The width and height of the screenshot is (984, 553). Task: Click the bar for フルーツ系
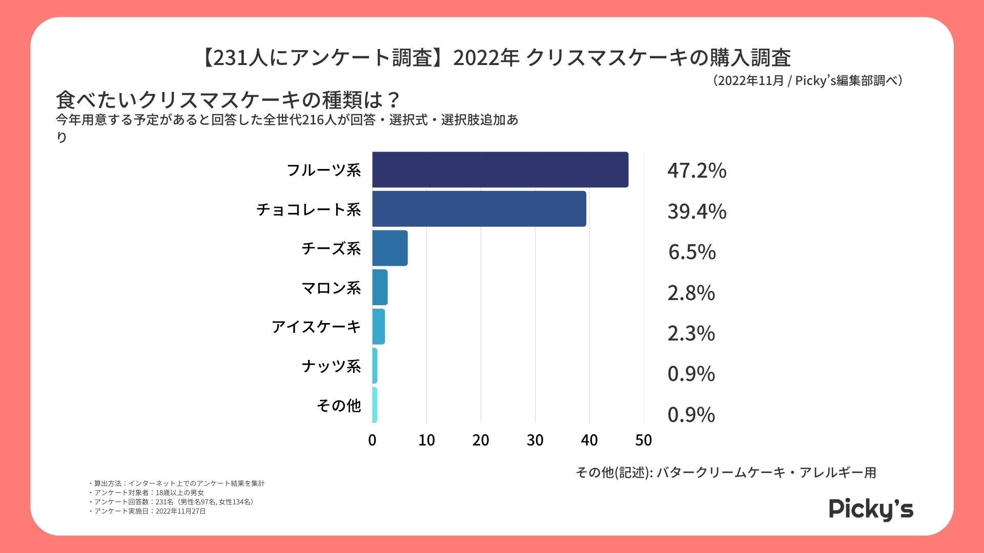tap(500, 169)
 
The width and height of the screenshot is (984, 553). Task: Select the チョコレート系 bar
tap(479, 209)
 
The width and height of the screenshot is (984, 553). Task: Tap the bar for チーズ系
tap(389, 248)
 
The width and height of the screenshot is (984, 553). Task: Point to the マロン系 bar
tap(380, 287)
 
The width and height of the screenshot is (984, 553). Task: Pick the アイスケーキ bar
tap(378, 327)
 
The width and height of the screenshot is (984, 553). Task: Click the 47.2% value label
tap(696, 171)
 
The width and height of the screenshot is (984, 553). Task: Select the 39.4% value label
tap(696, 211)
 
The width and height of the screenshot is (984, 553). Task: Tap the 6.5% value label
tap(692, 252)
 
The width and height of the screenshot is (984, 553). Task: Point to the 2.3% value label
tap(691, 333)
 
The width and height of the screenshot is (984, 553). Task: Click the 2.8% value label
tap(691, 293)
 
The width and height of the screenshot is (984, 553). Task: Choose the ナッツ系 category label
tap(331, 366)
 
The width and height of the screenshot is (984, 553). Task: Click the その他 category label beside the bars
tap(339, 406)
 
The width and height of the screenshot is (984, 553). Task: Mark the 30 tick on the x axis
tap(535, 440)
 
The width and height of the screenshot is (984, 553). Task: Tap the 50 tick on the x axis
tap(644, 440)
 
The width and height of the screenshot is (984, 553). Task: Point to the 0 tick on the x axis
tap(373, 440)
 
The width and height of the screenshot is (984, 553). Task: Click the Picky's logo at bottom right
tap(871, 509)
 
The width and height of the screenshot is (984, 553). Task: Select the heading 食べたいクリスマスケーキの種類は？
tap(228, 100)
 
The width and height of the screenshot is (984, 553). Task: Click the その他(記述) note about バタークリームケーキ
tap(726, 472)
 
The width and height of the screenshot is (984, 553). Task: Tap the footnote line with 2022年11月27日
tap(149, 511)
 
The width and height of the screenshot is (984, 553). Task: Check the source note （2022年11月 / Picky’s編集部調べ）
tap(807, 81)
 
